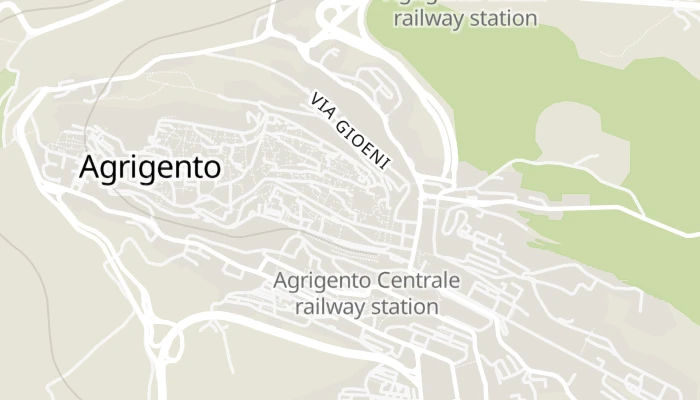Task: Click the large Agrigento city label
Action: pyautogui.click(x=150, y=168)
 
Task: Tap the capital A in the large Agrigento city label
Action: pyautogui.click(x=90, y=167)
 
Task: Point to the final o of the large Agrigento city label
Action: pyautogui.click(x=211, y=168)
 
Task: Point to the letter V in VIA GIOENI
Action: pyautogui.click(x=316, y=101)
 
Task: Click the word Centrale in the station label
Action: pyautogui.click(x=419, y=280)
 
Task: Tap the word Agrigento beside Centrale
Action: pyautogui.click(x=323, y=280)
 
